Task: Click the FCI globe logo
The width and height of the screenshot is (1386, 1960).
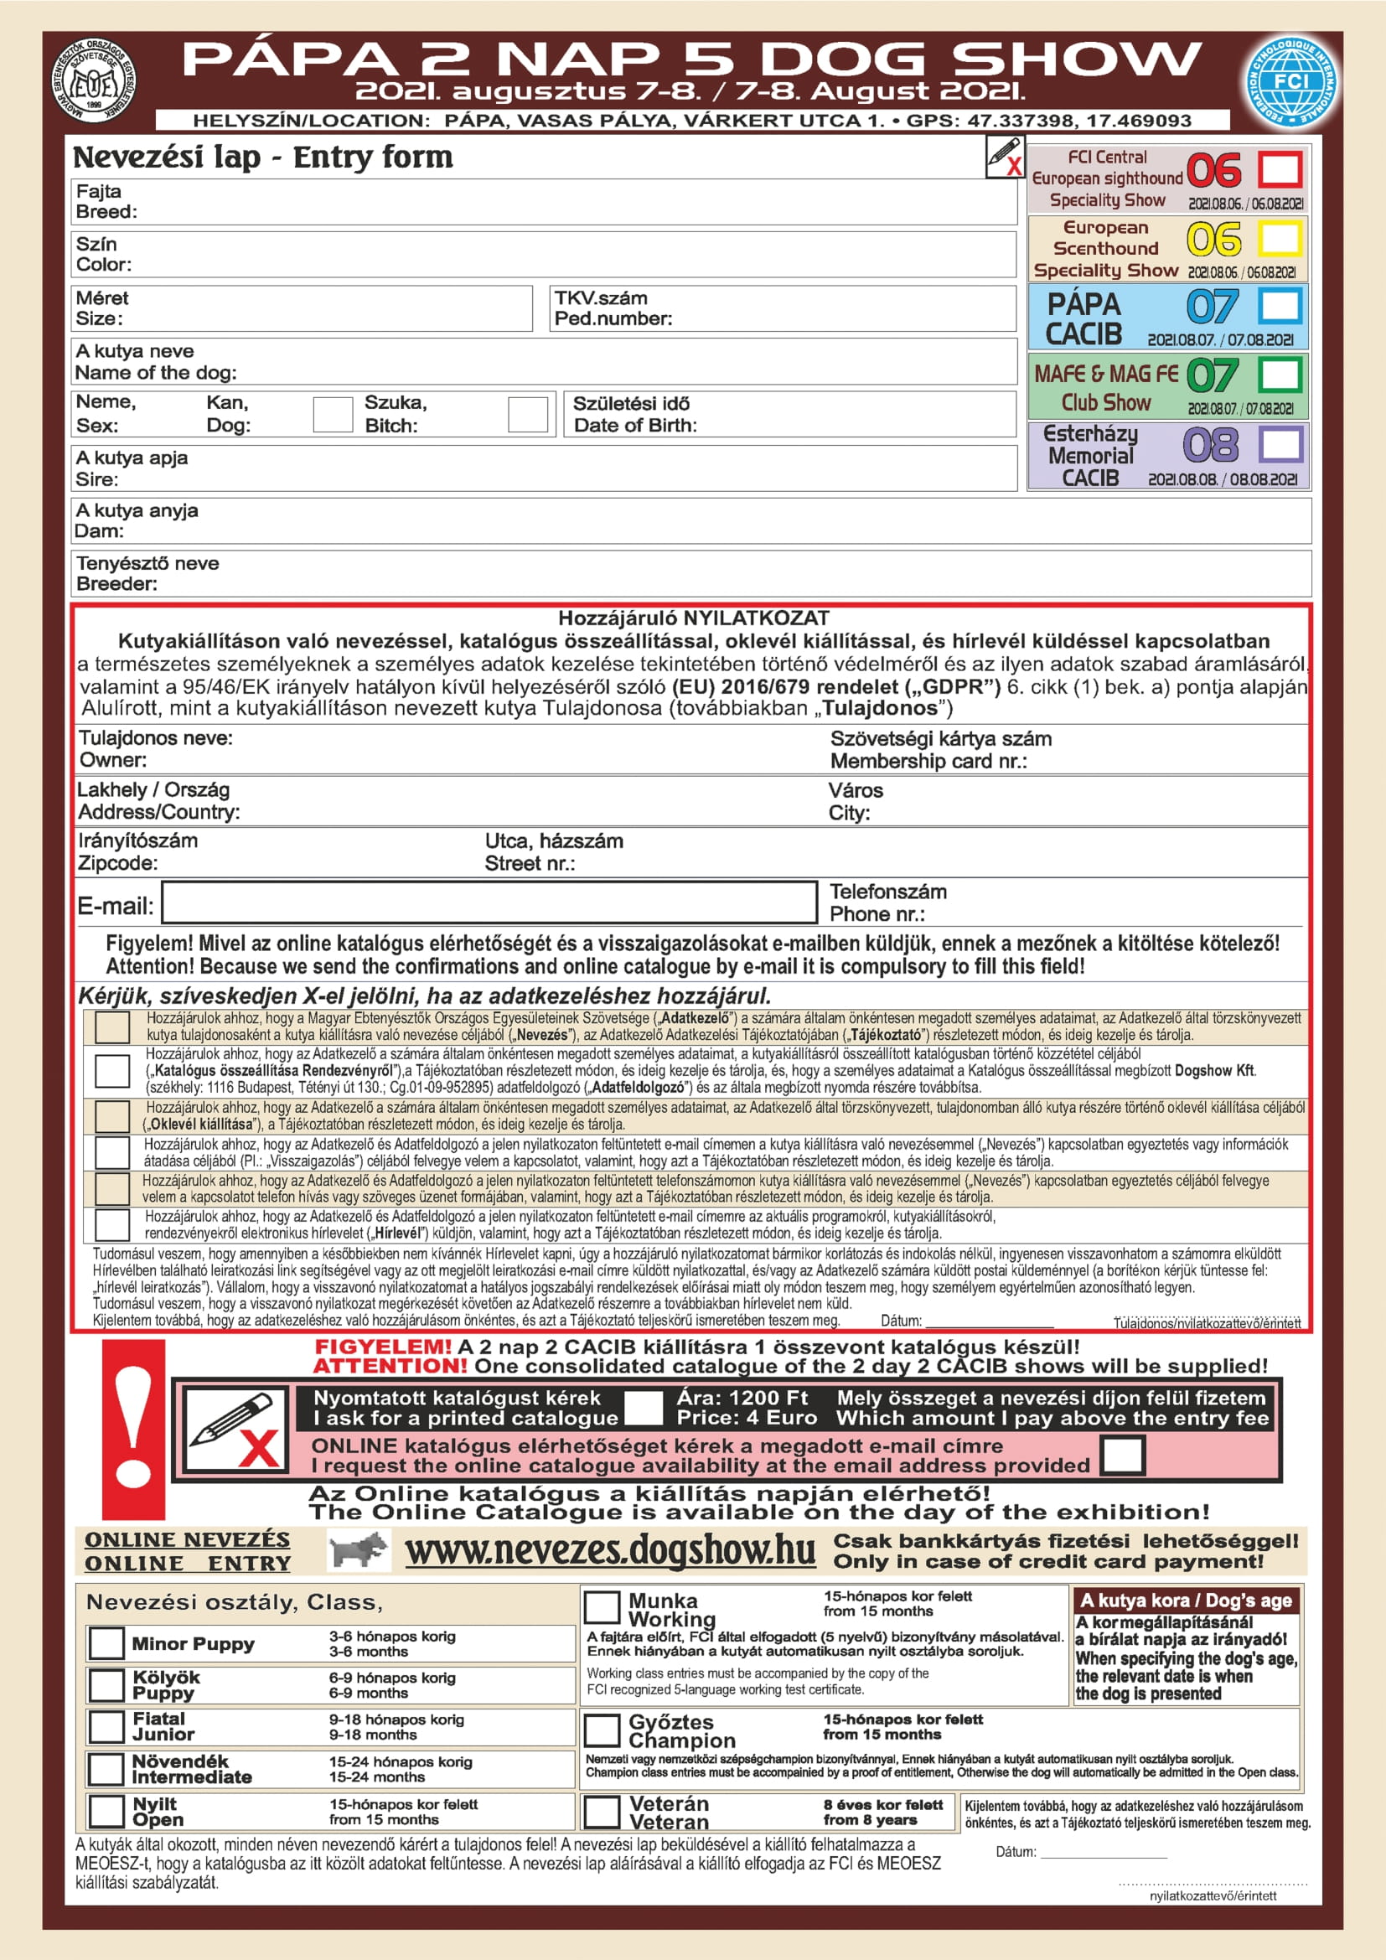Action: click(1290, 82)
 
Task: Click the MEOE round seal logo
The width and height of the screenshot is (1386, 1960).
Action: click(93, 82)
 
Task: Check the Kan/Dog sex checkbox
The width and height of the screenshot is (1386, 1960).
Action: click(333, 414)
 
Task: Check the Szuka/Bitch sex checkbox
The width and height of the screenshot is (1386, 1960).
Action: click(527, 414)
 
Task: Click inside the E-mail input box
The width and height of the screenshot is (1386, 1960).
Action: click(489, 902)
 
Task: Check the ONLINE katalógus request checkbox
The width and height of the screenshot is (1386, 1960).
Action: click(1122, 1456)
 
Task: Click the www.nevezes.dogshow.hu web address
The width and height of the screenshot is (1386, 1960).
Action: click(609, 1550)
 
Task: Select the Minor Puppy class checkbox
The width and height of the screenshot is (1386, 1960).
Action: click(106, 1643)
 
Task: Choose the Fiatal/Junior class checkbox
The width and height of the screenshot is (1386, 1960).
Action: click(106, 1727)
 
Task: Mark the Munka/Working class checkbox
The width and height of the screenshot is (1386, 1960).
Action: click(602, 1607)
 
